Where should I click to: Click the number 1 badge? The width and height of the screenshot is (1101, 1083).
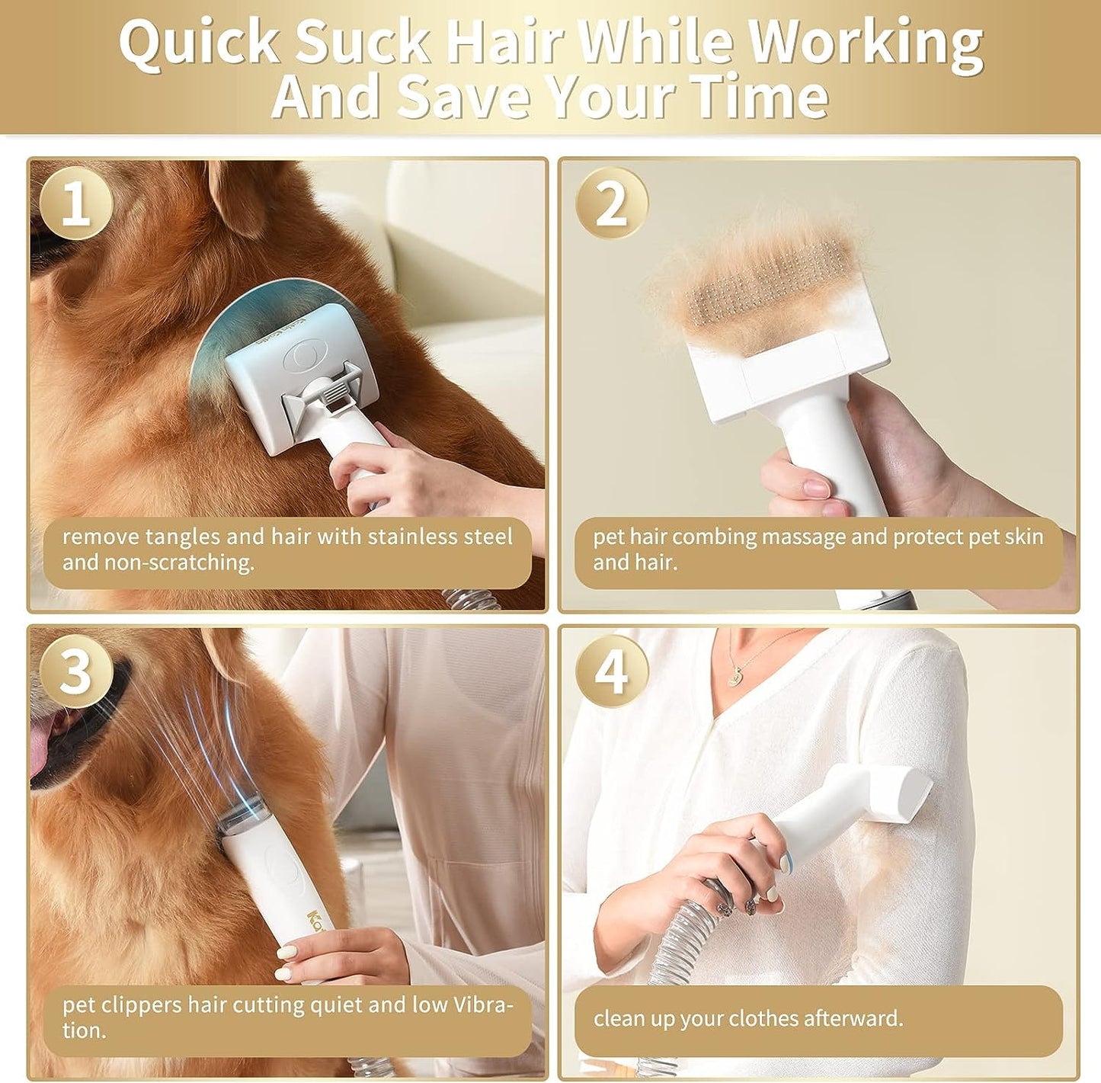click(75, 203)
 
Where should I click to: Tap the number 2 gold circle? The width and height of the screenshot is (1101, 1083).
click(611, 203)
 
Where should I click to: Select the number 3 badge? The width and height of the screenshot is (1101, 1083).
click(75, 671)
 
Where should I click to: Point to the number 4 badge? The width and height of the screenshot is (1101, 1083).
click(611, 671)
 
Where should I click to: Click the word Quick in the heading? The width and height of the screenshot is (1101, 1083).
click(200, 43)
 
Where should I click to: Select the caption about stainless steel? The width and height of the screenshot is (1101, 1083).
click(287, 550)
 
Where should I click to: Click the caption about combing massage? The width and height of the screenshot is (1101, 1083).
click(818, 550)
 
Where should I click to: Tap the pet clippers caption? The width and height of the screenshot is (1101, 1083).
click(287, 1017)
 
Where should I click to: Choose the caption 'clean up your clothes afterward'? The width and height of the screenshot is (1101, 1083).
click(818, 1018)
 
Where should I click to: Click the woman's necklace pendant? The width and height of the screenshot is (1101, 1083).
click(736, 674)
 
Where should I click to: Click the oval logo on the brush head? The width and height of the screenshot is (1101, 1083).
click(298, 357)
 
